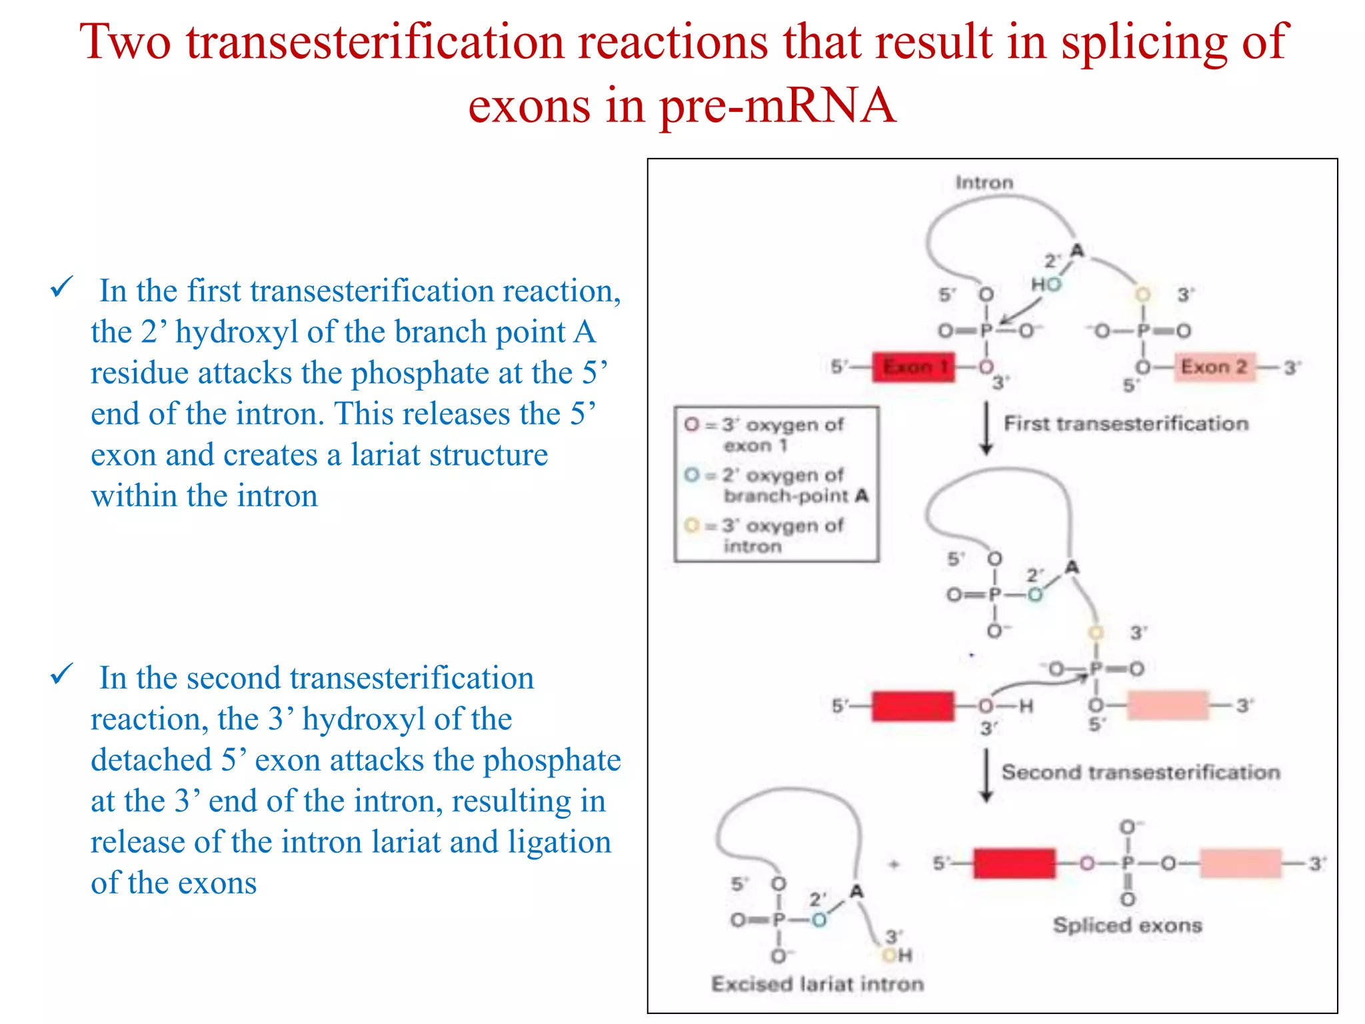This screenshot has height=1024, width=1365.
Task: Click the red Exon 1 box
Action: click(913, 367)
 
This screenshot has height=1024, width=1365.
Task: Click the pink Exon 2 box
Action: click(1214, 367)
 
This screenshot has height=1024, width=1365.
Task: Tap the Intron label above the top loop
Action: click(984, 183)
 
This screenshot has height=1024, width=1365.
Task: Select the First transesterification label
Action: click(1126, 423)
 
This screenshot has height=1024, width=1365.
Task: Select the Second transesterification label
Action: click(1140, 772)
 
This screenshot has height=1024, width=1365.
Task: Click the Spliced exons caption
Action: click(1127, 925)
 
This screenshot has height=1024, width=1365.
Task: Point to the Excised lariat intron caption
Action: click(817, 984)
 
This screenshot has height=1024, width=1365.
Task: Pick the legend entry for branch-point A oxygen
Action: click(776, 485)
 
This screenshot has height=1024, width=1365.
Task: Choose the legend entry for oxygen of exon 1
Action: click(766, 435)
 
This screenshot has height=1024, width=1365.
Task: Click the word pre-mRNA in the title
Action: click(777, 105)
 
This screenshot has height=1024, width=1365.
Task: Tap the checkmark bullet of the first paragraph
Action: click(61, 288)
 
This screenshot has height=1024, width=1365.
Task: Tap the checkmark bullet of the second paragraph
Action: click(61, 675)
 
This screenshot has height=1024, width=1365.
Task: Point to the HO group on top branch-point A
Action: click(1046, 284)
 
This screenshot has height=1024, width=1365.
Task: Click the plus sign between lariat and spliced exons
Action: click(894, 865)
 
